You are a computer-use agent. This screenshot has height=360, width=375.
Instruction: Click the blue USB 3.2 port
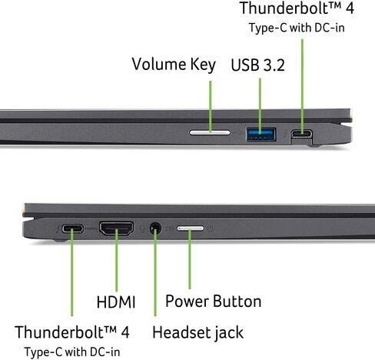[x=261, y=134]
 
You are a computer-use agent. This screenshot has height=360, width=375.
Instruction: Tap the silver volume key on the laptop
[x=210, y=132]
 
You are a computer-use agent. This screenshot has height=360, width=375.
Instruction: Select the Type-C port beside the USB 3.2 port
[x=301, y=133]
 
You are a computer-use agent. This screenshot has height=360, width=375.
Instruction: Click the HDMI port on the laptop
[x=117, y=228]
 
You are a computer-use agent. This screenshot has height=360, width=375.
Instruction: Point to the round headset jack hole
[x=155, y=228]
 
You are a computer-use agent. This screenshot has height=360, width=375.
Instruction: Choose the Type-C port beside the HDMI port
[x=73, y=228]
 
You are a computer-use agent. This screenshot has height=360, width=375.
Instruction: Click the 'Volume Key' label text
[x=174, y=65]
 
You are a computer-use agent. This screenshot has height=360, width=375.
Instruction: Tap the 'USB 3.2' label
[x=257, y=65]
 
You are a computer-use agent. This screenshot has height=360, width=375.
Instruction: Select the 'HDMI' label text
[x=116, y=302]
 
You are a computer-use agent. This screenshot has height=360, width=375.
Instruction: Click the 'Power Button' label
[x=214, y=301]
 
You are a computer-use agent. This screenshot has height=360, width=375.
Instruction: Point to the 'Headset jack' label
[x=197, y=333]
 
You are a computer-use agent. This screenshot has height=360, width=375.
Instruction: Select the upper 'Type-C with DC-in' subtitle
[x=297, y=28]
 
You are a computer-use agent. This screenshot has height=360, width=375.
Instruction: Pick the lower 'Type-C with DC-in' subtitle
[x=72, y=352]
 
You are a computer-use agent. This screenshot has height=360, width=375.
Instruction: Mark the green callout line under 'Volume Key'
[x=211, y=107]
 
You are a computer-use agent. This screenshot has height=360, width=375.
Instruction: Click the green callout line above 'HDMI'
[x=117, y=261]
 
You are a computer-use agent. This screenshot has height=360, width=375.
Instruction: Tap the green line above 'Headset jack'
[x=155, y=272]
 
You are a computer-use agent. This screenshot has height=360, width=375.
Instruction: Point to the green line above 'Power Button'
[x=190, y=259]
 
